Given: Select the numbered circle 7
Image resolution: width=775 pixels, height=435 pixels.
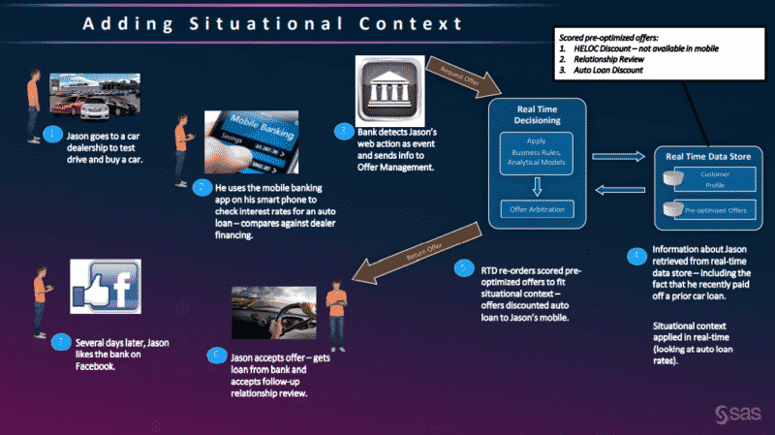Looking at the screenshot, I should click(x=61, y=341).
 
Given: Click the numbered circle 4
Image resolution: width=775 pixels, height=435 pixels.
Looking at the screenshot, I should click(x=635, y=257).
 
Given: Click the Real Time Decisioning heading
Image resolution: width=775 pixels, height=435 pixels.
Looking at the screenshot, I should click(x=535, y=111).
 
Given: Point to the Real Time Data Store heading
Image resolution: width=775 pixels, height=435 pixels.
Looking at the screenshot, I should click(x=704, y=154).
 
